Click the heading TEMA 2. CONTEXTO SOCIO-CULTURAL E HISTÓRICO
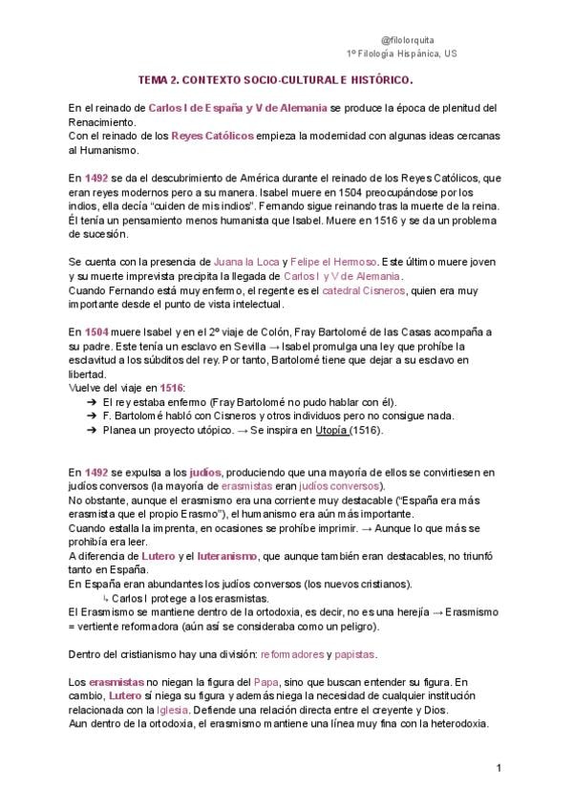coord(276,82)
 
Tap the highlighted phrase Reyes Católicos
coord(212,136)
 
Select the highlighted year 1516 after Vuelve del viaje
coord(171,387)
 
